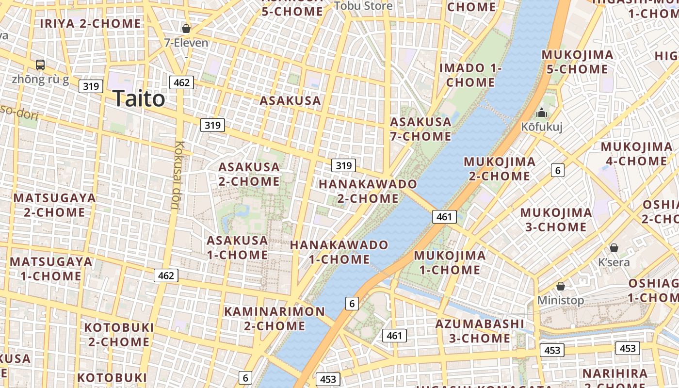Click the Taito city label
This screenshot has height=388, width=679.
(139, 99)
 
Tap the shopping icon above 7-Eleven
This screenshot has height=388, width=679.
(186, 29)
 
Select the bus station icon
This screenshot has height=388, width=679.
(40, 65)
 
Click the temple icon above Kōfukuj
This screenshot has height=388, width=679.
(541, 113)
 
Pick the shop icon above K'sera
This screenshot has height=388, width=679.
(614, 248)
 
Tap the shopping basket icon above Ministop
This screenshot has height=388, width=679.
(561, 286)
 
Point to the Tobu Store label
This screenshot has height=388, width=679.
(363, 6)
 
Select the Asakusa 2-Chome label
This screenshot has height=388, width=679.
(249, 174)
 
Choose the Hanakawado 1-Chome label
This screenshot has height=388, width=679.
(339, 252)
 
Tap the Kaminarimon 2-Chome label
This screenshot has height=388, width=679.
(275, 318)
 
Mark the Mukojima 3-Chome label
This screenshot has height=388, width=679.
(556, 220)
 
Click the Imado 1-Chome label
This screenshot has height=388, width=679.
(470, 75)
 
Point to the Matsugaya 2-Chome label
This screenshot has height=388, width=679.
(54, 205)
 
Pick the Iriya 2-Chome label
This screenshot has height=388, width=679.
(91, 23)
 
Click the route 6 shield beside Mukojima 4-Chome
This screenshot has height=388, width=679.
(558, 170)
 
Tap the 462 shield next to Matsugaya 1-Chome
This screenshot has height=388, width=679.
(166, 275)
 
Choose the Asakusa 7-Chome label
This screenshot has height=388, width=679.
(420, 129)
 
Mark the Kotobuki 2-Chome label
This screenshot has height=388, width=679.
(119, 334)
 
